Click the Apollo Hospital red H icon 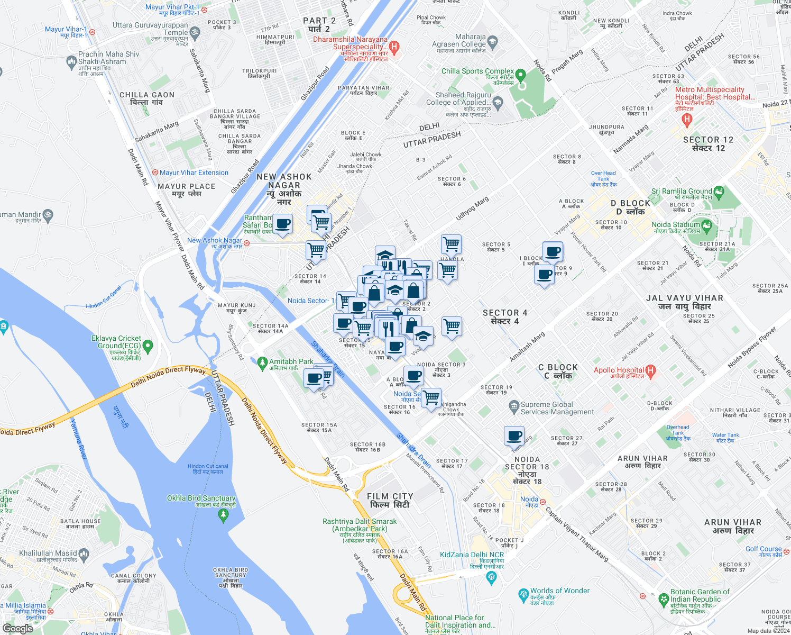coord(651,371)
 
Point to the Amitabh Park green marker coord(262,364)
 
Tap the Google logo coord(18,628)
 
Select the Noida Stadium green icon coord(707,226)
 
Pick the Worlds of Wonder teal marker coord(523,595)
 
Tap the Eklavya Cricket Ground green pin coord(148,347)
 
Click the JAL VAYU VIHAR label coord(684,302)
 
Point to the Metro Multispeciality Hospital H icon coord(687,120)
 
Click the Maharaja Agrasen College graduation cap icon coord(493,42)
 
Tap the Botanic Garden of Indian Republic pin coord(664,599)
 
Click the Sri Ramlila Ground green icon coord(719,192)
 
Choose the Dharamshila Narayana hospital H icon coord(394,48)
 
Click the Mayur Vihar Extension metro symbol coord(155,173)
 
